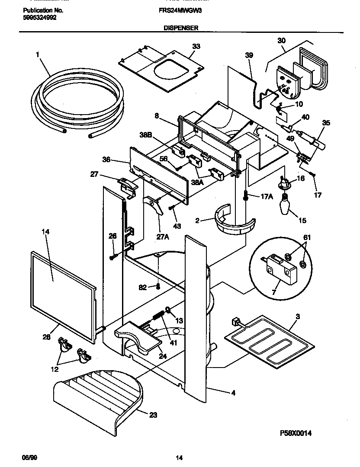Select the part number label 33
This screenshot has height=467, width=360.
196,46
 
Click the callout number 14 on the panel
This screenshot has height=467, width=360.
45,232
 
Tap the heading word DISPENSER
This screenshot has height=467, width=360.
180,27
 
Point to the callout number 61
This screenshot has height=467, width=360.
306,238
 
